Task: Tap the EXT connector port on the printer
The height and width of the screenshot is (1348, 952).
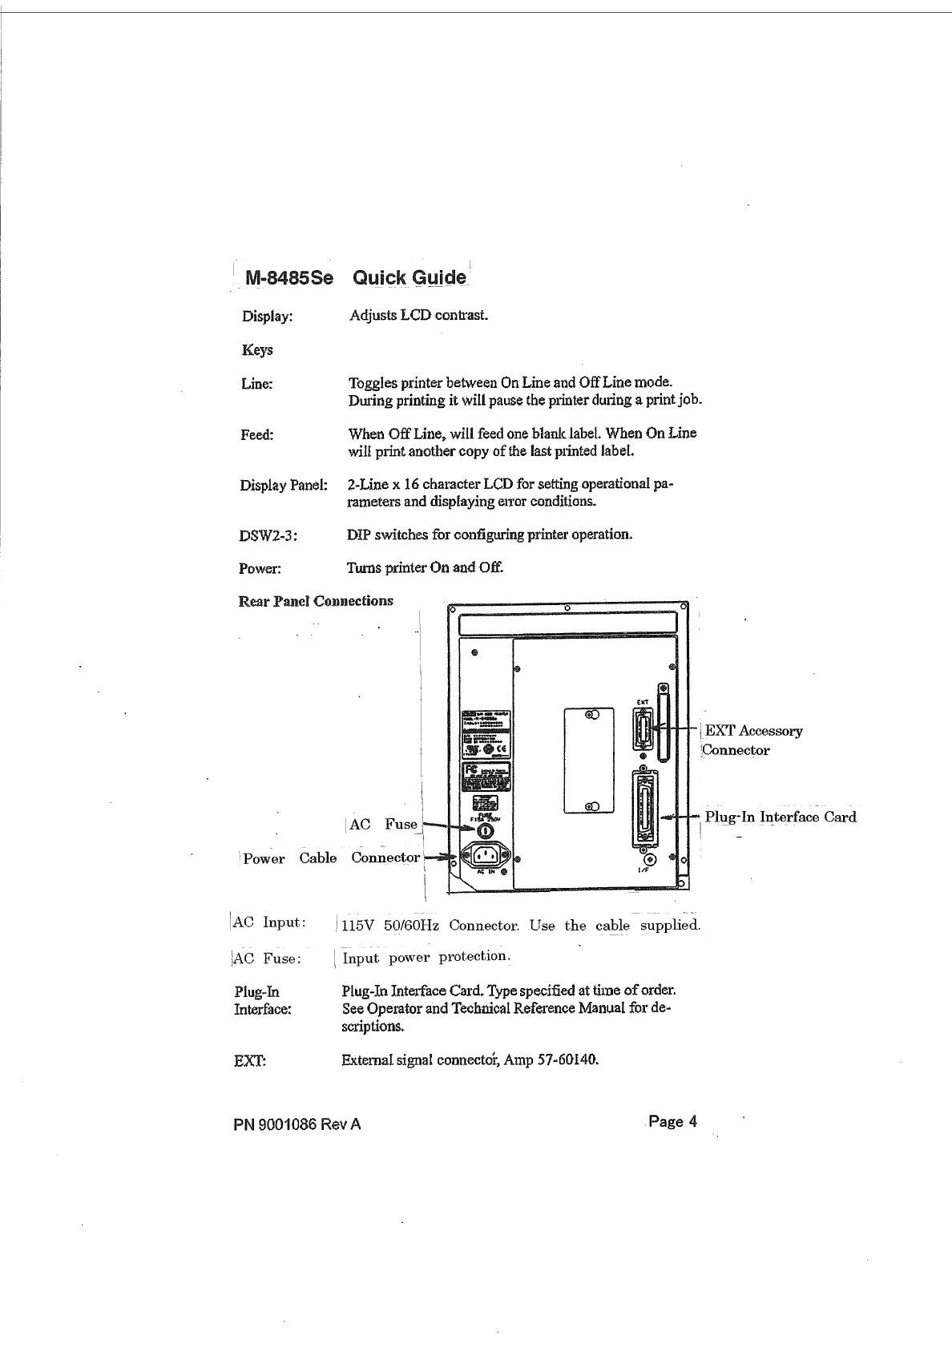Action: point(643,730)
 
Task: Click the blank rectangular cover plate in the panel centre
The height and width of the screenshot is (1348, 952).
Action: point(589,760)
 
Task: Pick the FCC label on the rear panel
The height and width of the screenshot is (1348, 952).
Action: point(486,777)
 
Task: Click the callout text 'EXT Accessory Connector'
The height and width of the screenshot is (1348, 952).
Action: point(752,741)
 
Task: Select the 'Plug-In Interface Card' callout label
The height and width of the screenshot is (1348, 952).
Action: point(780,817)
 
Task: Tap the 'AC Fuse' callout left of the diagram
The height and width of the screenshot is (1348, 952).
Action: point(383,824)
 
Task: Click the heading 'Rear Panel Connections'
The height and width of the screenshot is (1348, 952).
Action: point(316,601)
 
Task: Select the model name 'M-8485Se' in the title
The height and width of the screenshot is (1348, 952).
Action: point(288,279)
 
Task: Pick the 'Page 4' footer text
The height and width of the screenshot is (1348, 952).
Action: point(672,1121)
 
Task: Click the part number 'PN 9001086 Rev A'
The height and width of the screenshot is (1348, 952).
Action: point(296,1124)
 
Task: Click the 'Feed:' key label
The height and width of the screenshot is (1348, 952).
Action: point(257,434)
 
